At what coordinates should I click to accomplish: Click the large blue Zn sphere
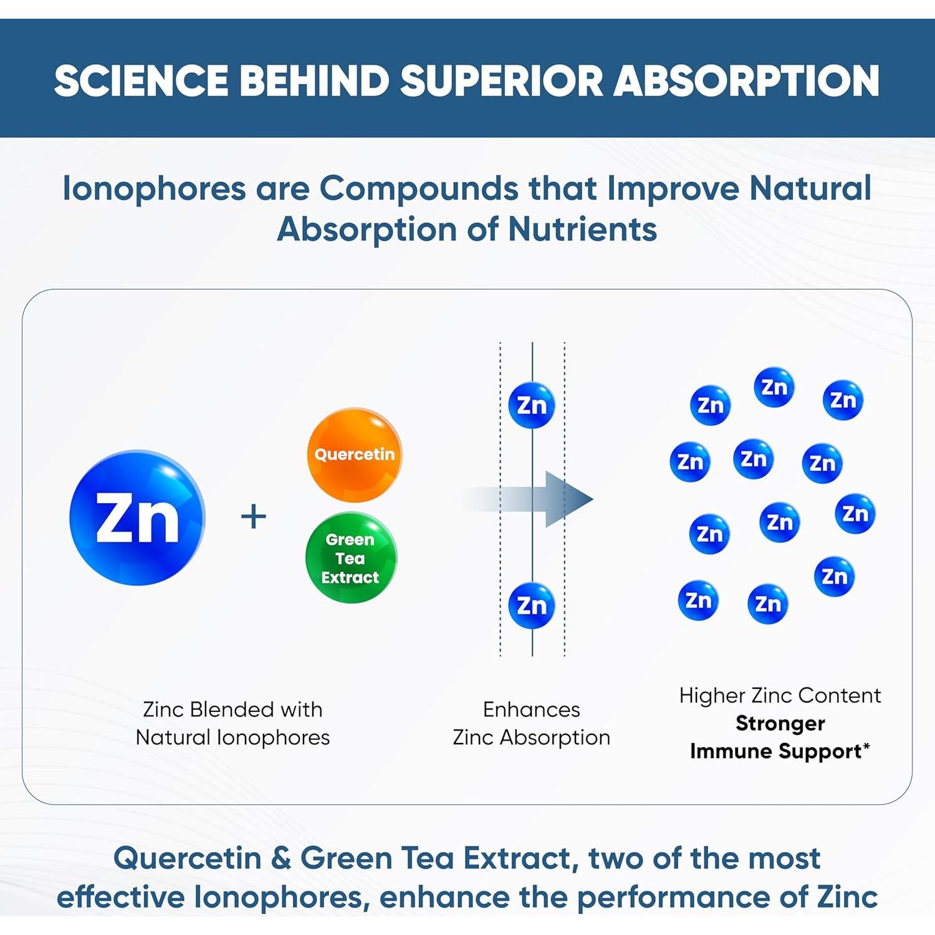click(x=137, y=517)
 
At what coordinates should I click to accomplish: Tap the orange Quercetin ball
click(x=355, y=454)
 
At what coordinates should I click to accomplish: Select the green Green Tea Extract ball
click(x=350, y=558)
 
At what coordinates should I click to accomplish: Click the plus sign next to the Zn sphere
click(x=253, y=517)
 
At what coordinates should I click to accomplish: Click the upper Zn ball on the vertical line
click(x=532, y=406)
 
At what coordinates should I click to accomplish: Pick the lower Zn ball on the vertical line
click(x=532, y=605)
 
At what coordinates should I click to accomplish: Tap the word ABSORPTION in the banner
click(x=746, y=81)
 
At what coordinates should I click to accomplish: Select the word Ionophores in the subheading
click(x=154, y=189)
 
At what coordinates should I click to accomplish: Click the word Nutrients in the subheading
click(x=582, y=229)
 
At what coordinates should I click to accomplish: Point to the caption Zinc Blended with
click(x=233, y=709)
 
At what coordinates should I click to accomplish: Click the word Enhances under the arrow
click(x=531, y=709)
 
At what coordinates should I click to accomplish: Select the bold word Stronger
click(x=780, y=723)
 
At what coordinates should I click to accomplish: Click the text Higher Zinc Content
click(x=780, y=695)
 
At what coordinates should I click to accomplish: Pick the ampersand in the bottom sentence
click(x=281, y=858)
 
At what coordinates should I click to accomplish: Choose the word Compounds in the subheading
click(x=418, y=189)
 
